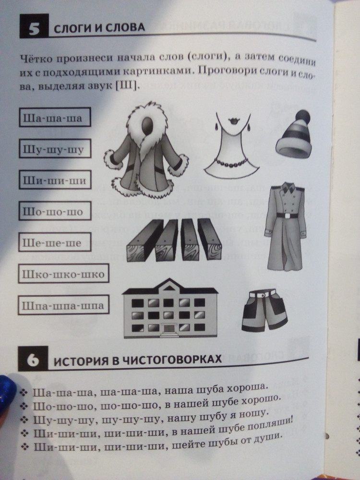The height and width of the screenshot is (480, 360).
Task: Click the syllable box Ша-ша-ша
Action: (x=55, y=117)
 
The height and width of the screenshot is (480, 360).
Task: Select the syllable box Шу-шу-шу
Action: (x=55, y=148)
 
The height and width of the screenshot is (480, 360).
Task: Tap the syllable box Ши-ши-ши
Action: (x=55, y=180)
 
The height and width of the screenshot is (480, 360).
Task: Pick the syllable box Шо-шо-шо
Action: (x=55, y=211)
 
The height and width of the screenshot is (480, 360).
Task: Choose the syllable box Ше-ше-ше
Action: (x=55, y=242)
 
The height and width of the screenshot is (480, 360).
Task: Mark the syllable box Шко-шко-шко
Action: (x=64, y=274)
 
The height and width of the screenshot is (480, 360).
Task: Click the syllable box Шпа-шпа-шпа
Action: (x=64, y=305)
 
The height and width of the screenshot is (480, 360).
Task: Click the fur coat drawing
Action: (x=146, y=152)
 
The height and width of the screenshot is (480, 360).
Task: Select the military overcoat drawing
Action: (x=285, y=227)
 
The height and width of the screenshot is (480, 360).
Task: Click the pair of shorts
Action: (x=264, y=311)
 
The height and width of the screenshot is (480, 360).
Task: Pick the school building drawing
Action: (x=170, y=309)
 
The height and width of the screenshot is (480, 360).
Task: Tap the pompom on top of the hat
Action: (x=302, y=117)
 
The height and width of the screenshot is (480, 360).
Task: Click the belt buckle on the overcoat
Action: (x=287, y=216)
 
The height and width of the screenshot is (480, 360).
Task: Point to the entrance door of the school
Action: (x=168, y=329)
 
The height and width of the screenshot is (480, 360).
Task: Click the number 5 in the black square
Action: (x=34, y=29)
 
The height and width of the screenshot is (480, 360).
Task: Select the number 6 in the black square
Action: (x=33, y=360)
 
